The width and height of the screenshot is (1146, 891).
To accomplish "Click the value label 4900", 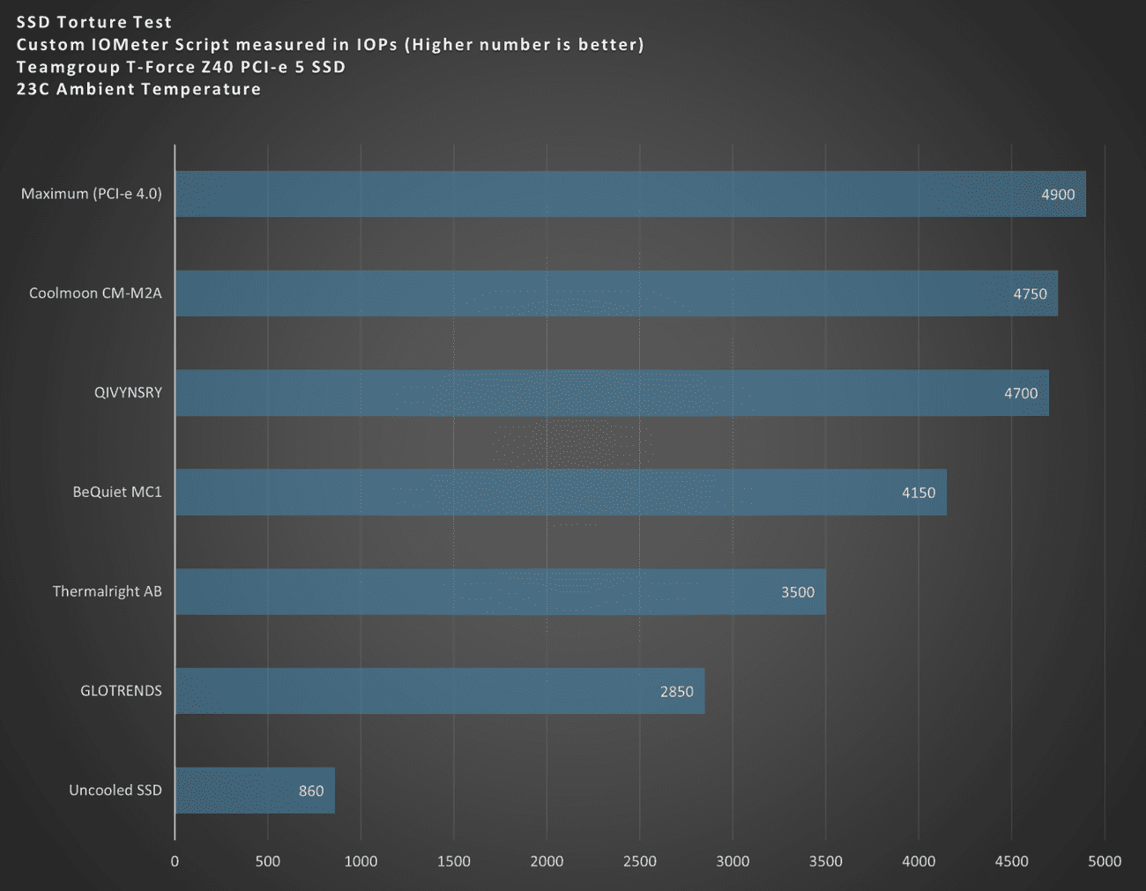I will coord(1058,194).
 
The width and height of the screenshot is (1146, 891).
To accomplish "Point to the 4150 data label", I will coord(919,493).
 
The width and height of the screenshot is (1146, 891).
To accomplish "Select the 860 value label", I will coord(311,791).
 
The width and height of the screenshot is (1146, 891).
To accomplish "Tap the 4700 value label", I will coord(1021,393).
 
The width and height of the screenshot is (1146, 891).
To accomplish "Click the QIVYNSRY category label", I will coord(128,392).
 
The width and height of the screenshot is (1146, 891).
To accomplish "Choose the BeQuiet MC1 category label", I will coord(117,492).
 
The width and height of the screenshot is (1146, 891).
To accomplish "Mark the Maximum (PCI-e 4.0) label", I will coord(92,193).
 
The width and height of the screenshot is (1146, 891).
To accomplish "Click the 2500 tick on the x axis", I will coord(639,861).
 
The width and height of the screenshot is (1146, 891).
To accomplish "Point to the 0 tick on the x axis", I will coord(175,861).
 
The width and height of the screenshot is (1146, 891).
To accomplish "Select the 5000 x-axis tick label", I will coord(1105,861).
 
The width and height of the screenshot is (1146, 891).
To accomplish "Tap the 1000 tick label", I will coord(361,861).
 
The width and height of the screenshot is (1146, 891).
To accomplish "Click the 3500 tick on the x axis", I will coord(825,861).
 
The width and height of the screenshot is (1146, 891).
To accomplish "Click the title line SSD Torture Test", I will coord(94,22).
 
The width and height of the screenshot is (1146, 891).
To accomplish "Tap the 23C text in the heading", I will coord(33,89).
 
